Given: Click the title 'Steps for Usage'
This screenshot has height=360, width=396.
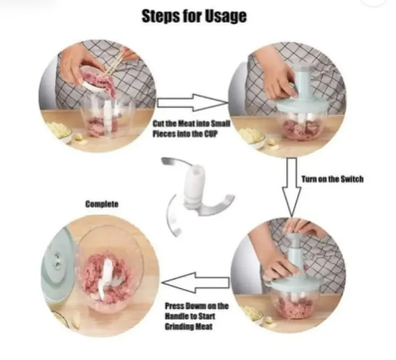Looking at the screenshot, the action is [194, 16].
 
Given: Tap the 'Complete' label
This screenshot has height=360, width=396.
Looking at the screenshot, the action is [102, 204].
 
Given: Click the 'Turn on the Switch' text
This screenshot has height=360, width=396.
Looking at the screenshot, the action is [332, 179].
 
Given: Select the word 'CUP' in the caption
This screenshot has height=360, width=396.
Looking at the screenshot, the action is [211, 134].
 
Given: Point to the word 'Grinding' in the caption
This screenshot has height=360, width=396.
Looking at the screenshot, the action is [178, 326].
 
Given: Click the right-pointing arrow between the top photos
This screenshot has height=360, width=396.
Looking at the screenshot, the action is [193, 103].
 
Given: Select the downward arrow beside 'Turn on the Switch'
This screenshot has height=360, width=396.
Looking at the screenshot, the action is [291, 187].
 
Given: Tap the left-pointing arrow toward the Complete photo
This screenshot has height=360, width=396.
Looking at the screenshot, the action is [196, 283].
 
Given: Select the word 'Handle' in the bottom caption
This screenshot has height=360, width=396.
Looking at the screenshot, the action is [177, 316].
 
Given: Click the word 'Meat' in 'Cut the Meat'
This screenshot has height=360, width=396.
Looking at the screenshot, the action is [188, 124].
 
